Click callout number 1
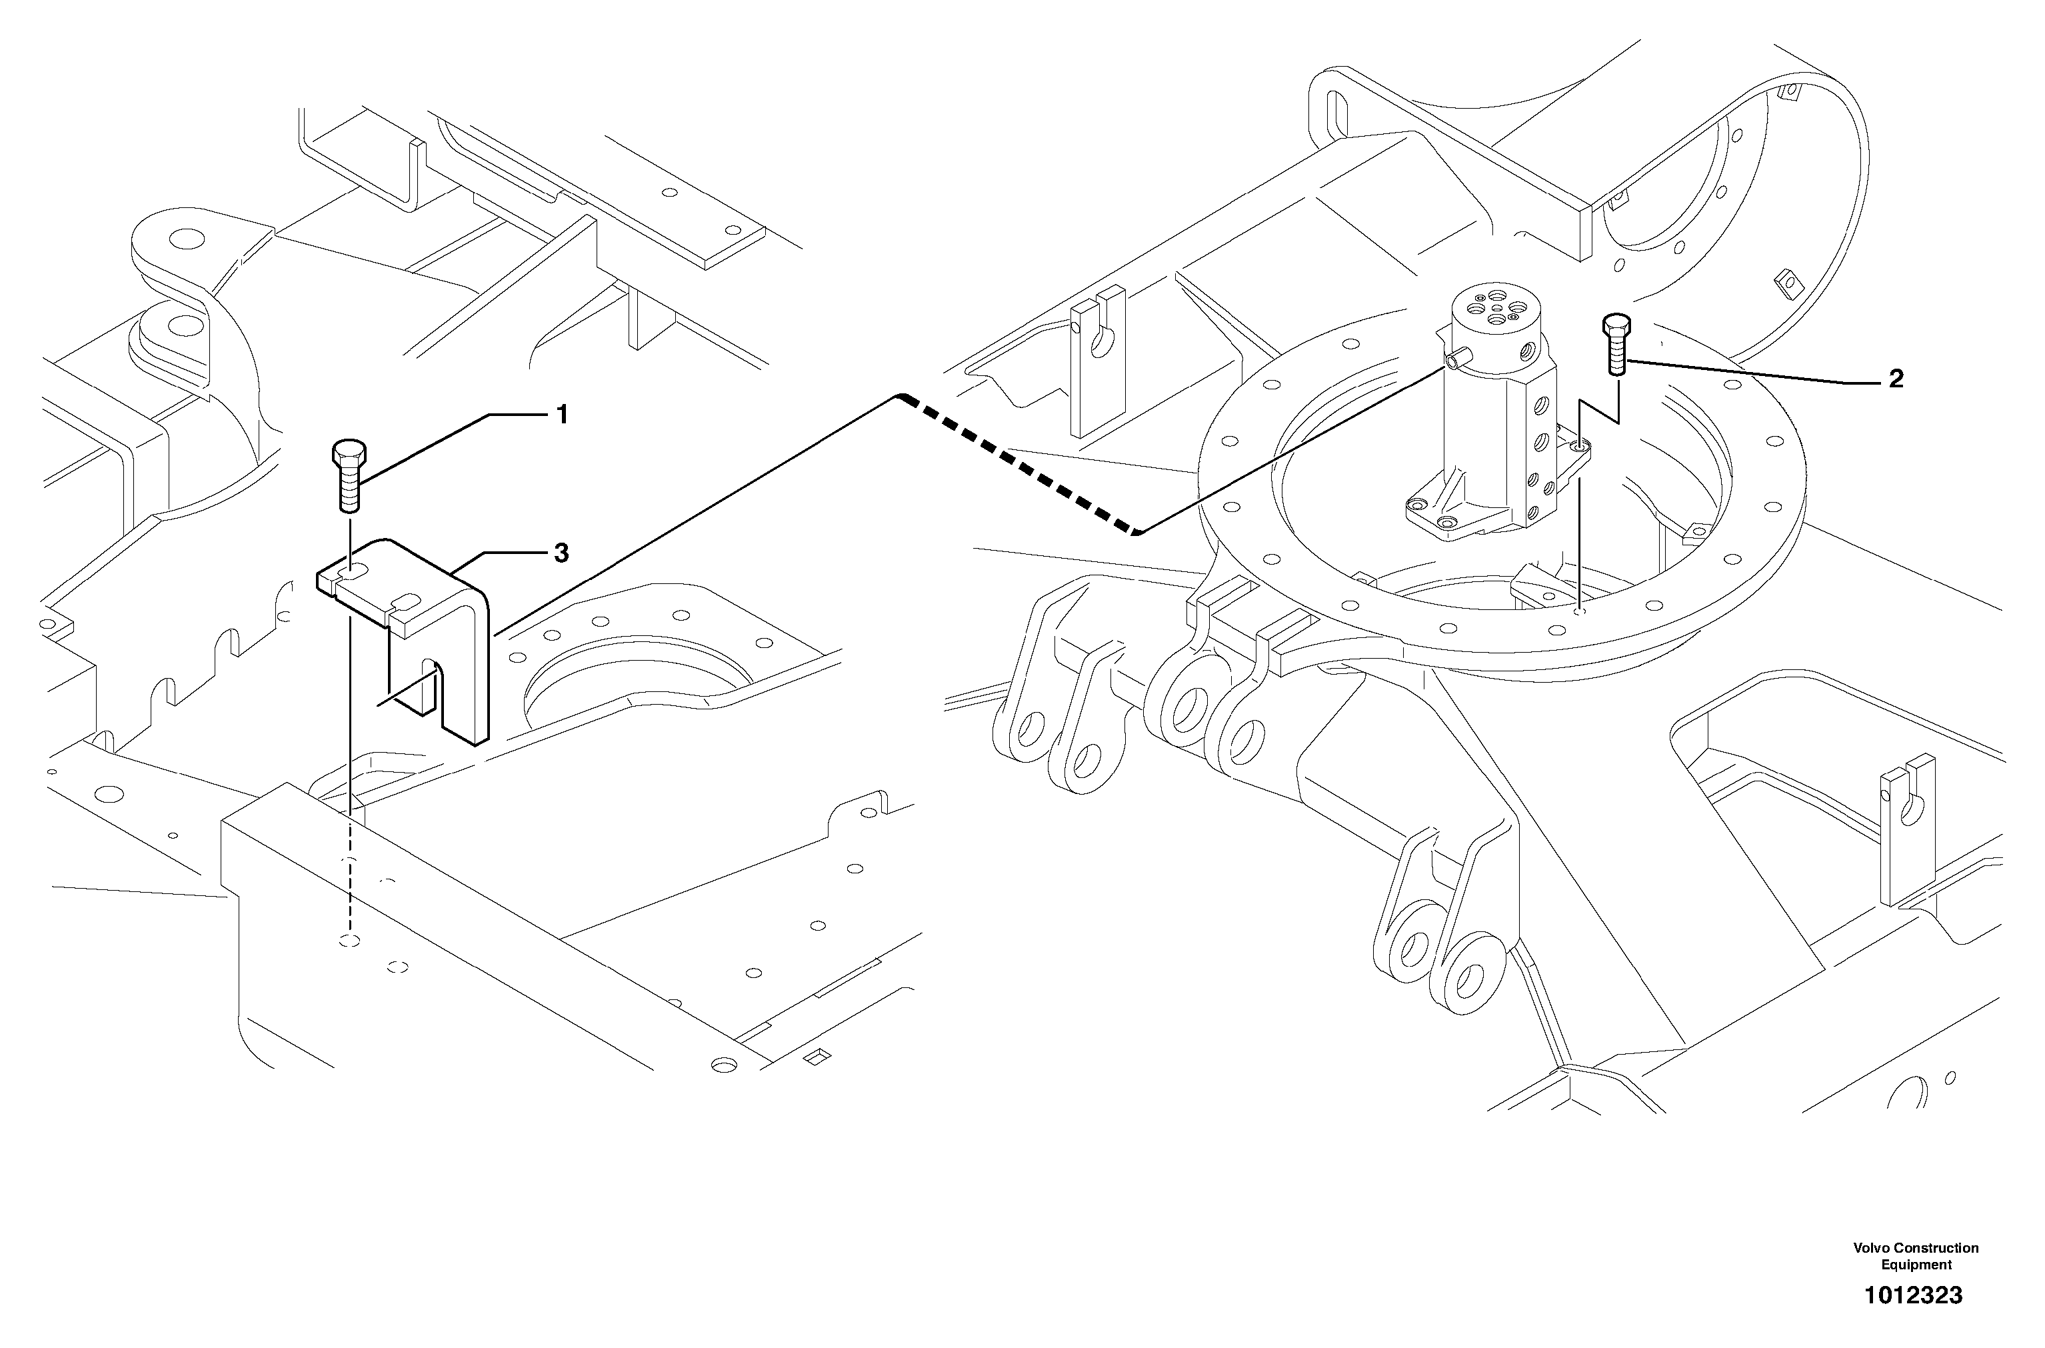[561, 416]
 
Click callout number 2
[1896, 379]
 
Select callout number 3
[561, 553]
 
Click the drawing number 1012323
[1912, 1295]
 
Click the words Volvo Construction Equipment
[1915, 1256]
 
